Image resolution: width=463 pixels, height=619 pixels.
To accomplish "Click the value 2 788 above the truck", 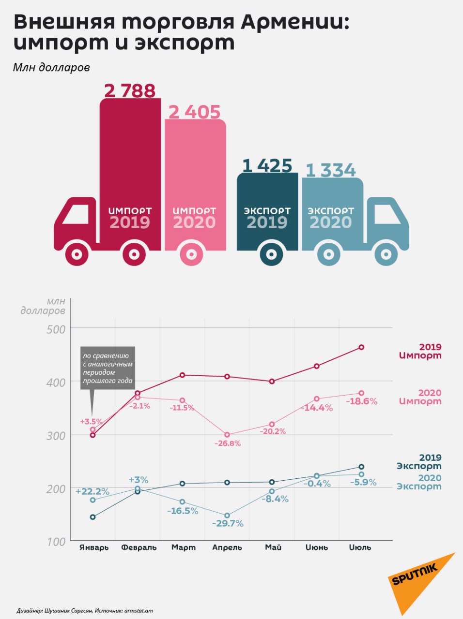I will (x=130, y=90).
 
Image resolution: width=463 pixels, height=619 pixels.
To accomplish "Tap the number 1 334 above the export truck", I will (x=331, y=170).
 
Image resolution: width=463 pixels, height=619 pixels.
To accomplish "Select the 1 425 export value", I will (x=267, y=166).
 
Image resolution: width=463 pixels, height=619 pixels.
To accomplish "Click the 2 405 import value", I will (x=194, y=112).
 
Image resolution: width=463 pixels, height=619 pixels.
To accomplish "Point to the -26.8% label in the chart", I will (x=227, y=443).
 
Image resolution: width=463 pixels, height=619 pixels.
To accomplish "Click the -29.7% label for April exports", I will (x=228, y=523).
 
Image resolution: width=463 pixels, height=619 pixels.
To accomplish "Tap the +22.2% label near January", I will (x=92, y=491).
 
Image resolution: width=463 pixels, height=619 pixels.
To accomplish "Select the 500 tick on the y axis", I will (x=56, y=329).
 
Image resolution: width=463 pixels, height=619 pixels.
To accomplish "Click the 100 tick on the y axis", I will (x=56, y=542).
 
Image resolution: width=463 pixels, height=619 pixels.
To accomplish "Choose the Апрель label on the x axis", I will (x=227, y=547).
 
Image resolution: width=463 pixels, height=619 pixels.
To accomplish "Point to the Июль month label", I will (x=360, y=547).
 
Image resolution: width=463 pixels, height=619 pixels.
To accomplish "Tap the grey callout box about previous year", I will (x=108, y=368).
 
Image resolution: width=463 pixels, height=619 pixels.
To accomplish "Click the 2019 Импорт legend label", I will (x=420, y=351).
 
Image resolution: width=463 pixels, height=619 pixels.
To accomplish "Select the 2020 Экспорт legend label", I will (x=419, y=482).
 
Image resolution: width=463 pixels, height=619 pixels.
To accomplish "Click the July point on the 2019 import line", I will (x=361, y=347).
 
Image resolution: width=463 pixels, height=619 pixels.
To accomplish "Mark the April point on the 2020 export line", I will (x=227, y=516).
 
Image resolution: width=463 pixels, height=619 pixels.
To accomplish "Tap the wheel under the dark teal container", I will (x=272, y=254).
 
